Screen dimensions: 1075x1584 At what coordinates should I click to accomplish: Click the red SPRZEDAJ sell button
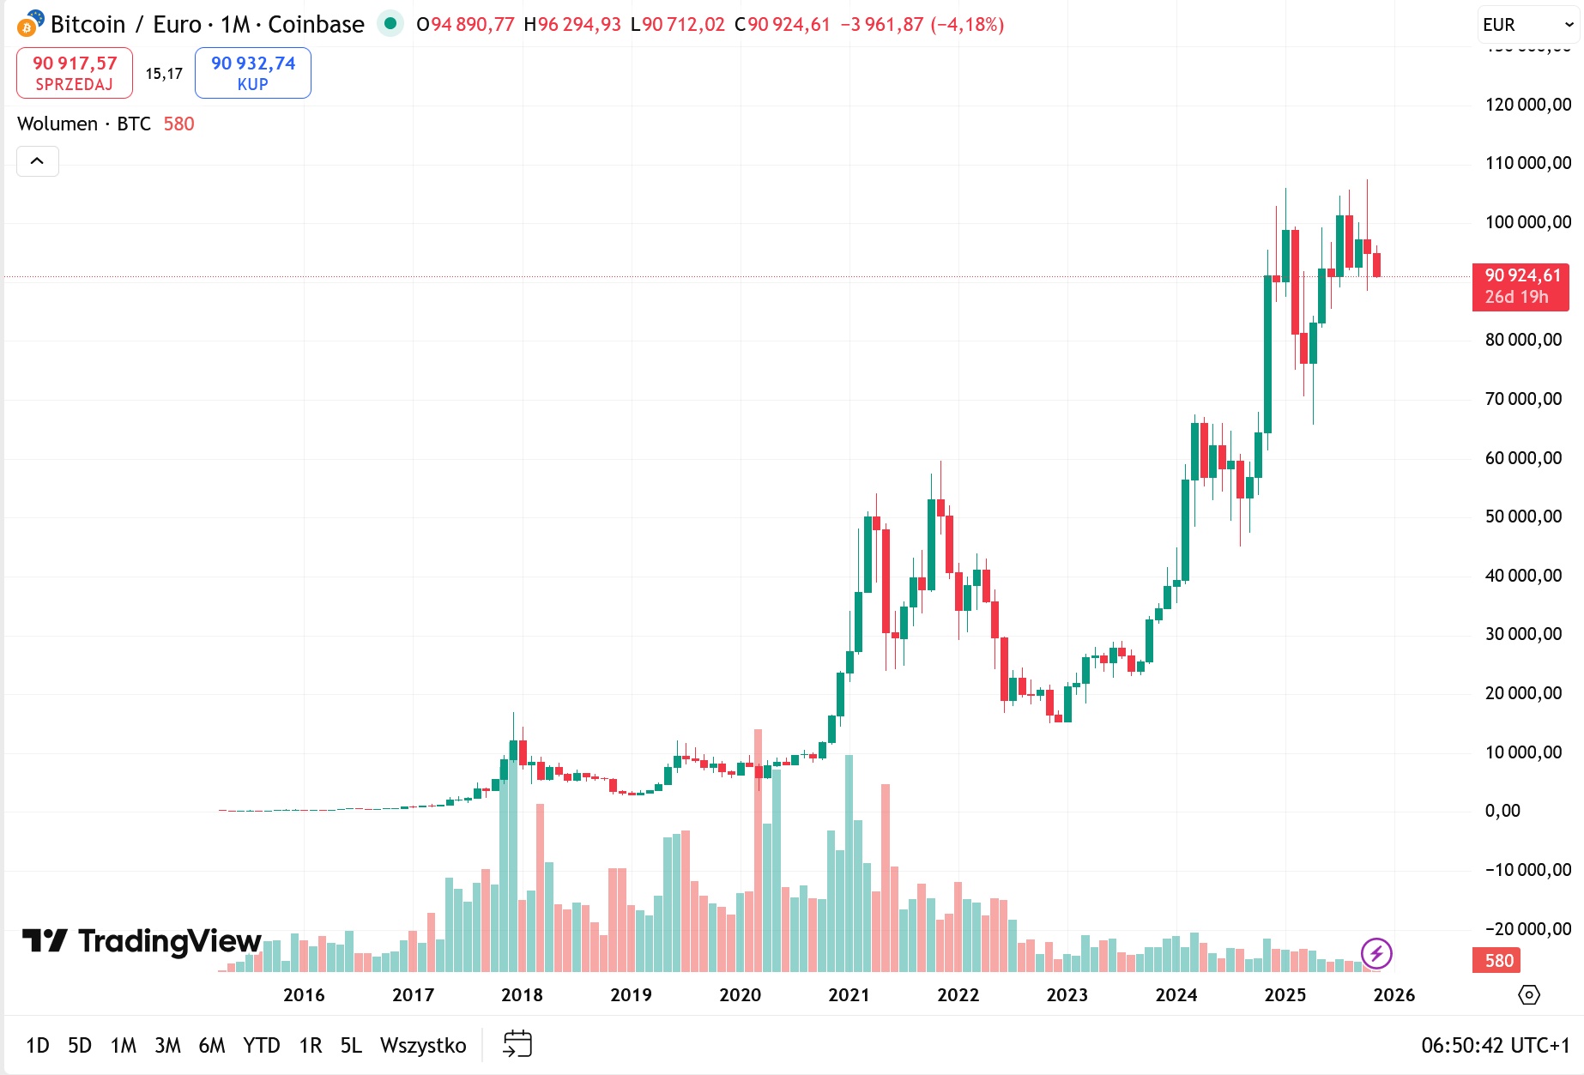[x=75, y=73]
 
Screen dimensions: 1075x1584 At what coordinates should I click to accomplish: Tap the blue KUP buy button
[x=253, y=73]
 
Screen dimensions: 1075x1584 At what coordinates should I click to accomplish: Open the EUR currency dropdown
[x=1528, y=25]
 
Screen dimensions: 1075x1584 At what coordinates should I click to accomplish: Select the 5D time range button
[x=80, y=1045]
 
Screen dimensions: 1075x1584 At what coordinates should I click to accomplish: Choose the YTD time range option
[x=262, y=1045]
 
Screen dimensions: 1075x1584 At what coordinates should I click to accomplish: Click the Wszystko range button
[x=423, y=1045]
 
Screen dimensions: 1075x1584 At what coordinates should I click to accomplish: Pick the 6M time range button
[x=212, y=1045]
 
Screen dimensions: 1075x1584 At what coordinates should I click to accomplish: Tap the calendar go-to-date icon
[x=517, y=1044]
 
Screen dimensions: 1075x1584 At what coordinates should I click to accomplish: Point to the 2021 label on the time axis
[x=849, y=995]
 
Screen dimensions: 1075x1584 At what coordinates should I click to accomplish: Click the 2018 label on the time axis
[x=522, y=995]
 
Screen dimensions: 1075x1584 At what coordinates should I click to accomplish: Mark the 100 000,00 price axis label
[x=1528, y=222]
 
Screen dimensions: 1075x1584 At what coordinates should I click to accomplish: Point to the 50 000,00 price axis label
[x=1523, y=516]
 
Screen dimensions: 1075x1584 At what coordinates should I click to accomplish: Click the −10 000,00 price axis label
[x=1528, y=870]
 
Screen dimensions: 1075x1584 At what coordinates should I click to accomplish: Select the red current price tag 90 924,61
[x=1521, y=286]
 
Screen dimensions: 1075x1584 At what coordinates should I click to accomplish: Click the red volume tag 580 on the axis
[x=1498, y=960]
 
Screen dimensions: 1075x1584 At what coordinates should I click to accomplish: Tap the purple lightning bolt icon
[x=1376, y=953]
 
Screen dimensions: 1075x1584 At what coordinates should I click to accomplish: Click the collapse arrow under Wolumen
[x=38, y=161]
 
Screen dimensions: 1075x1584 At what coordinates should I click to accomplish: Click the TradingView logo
[x=142, y=941]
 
